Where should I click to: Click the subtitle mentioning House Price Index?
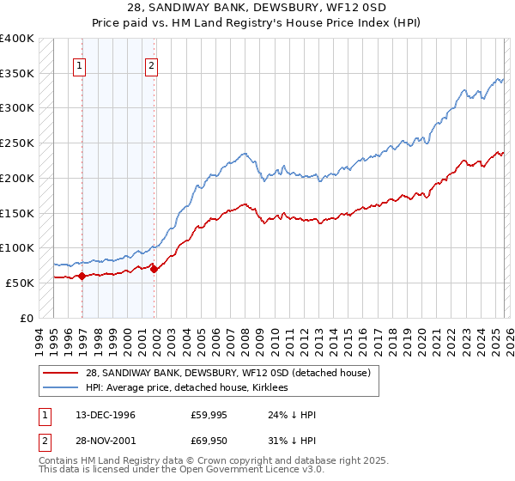pyautogui.click(x=257, y=24)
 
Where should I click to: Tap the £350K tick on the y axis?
pyautogui.click(x=17, y=74)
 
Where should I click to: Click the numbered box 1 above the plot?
pyautogui.click(x=79, y=64)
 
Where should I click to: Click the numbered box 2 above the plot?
pyautogui.click(x=151, y=64)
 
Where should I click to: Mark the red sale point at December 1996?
pyautogui.click(x=82, y=276)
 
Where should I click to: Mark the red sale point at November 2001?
pyautogui.click(x=154, y=269)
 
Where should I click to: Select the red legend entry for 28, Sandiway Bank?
pyautogui.click(x=227, y=373)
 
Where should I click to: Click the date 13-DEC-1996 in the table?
pyautogui.click(x=105, y=415)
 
